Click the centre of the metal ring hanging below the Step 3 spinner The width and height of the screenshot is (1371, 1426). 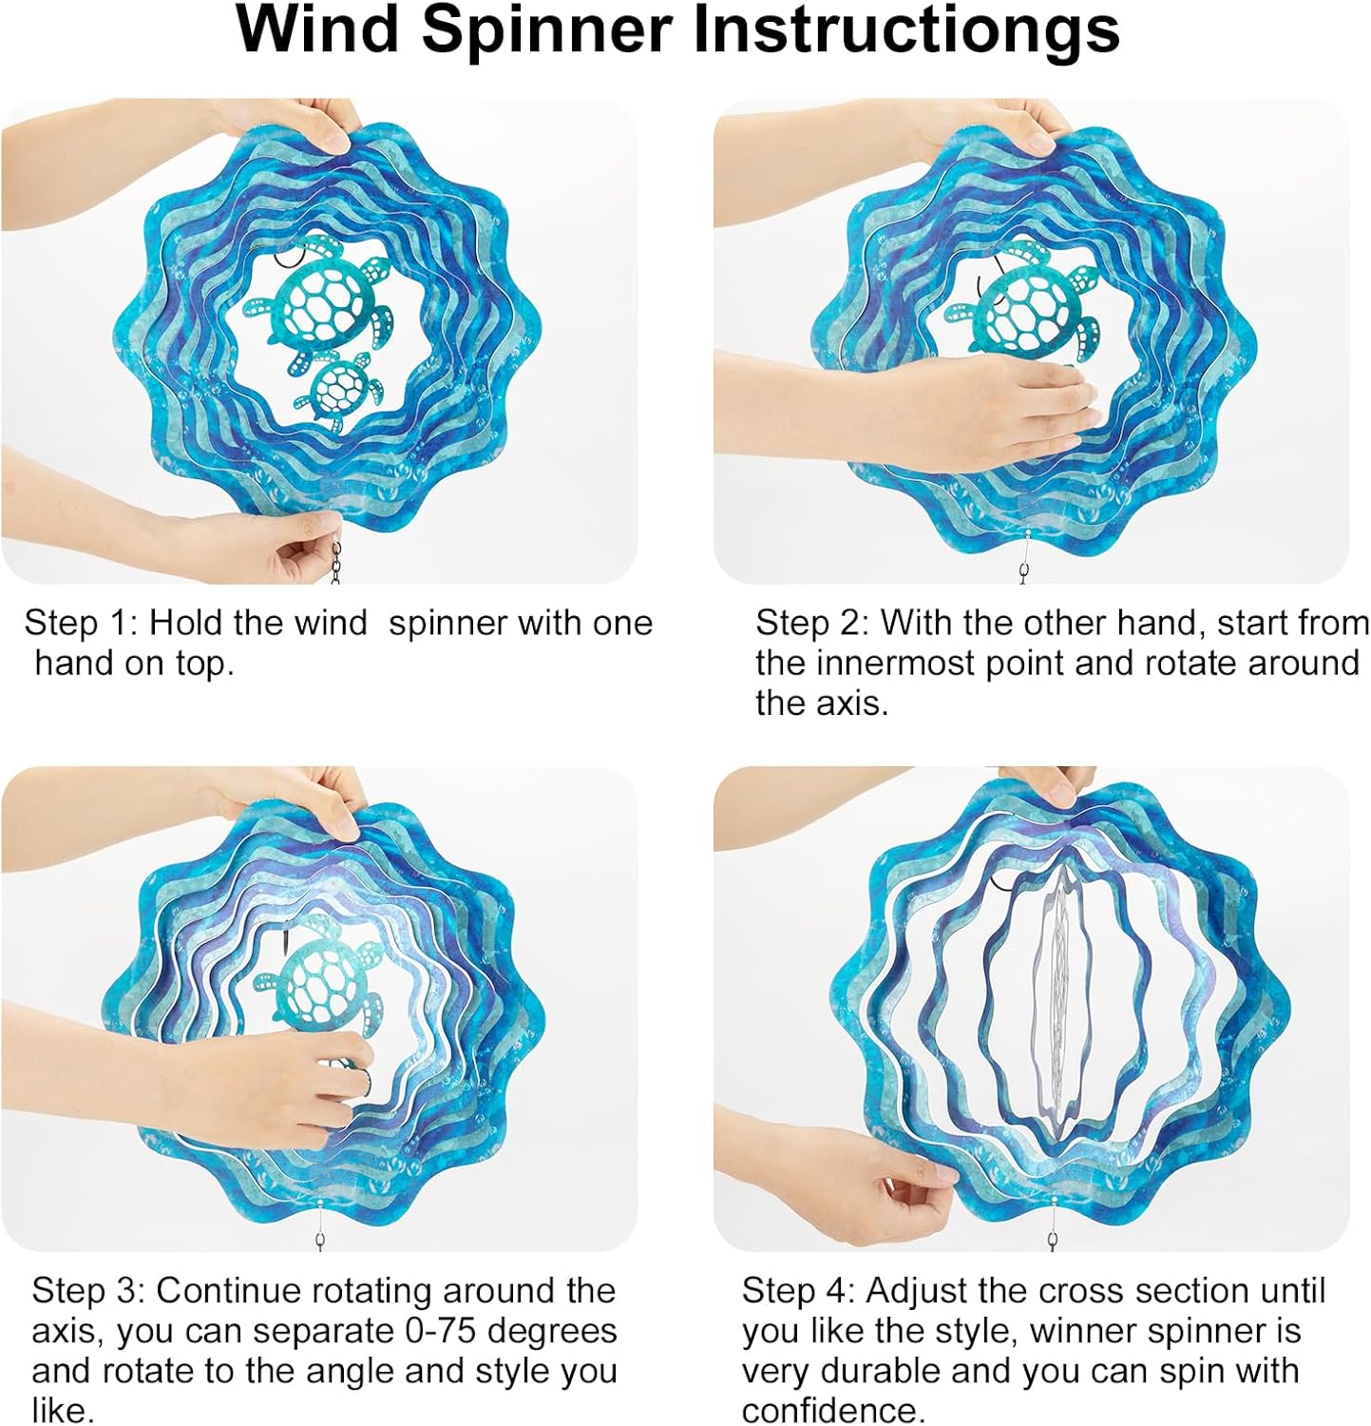[321, 1242]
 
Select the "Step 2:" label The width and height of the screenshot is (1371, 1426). [813, 623]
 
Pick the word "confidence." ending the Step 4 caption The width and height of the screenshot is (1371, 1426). [833, 1411]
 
